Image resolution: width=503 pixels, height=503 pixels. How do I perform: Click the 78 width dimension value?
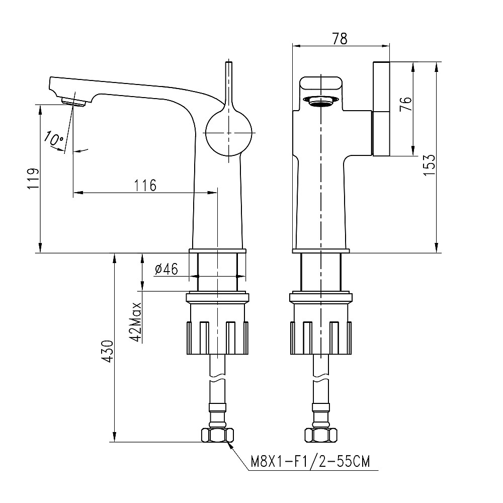[x=340, y=38]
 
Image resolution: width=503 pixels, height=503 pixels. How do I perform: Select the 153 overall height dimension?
[x=429, y=164]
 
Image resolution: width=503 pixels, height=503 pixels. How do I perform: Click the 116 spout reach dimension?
[x=145, y=185]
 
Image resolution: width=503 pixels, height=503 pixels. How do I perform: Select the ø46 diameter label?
[x=166, y=270]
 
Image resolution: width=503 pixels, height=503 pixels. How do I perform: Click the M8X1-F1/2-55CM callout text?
[x=309, y=461]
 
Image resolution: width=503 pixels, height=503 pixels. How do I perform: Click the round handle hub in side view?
[x=228, y=133]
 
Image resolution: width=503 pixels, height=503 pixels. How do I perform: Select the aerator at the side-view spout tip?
[x=74, y=102]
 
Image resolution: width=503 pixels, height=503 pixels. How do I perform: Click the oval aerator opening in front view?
[x=320, y=101]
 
